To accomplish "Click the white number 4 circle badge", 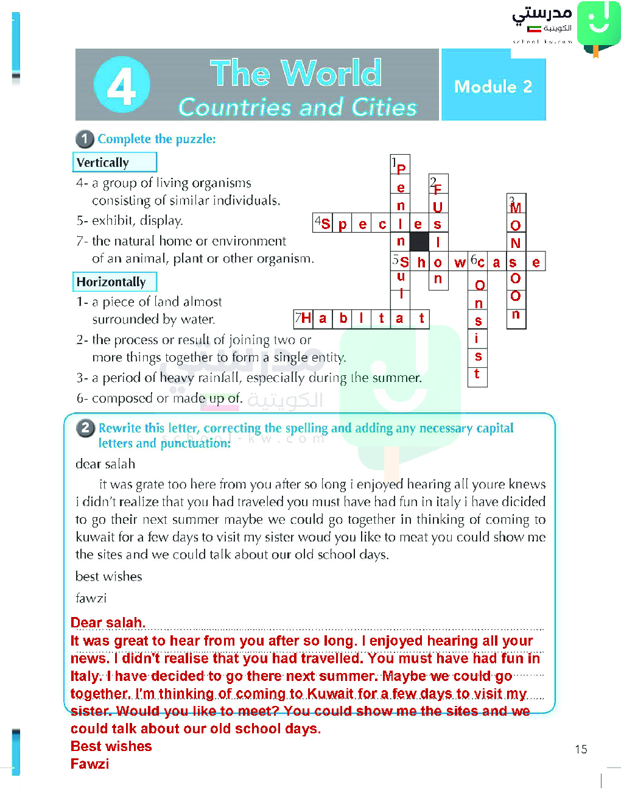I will pos(122,85).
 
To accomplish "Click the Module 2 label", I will pos(493,87).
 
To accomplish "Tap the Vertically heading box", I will pos(114,163).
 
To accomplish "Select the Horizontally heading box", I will pos(114,282).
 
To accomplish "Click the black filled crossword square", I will pos(419,242).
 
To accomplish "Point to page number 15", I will pos(581,749).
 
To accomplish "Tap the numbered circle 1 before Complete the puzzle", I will pos(85,139).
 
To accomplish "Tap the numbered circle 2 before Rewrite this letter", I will pos(85,428).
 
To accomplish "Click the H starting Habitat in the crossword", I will pos(306,319).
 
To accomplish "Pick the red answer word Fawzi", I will pos(89,764).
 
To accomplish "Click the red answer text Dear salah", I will pos(108,623).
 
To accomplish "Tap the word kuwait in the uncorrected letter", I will pos(95,537).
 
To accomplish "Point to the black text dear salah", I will pos(105,464).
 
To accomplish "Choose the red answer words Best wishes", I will pos(111,747).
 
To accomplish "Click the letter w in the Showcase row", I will pos(460,263).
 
